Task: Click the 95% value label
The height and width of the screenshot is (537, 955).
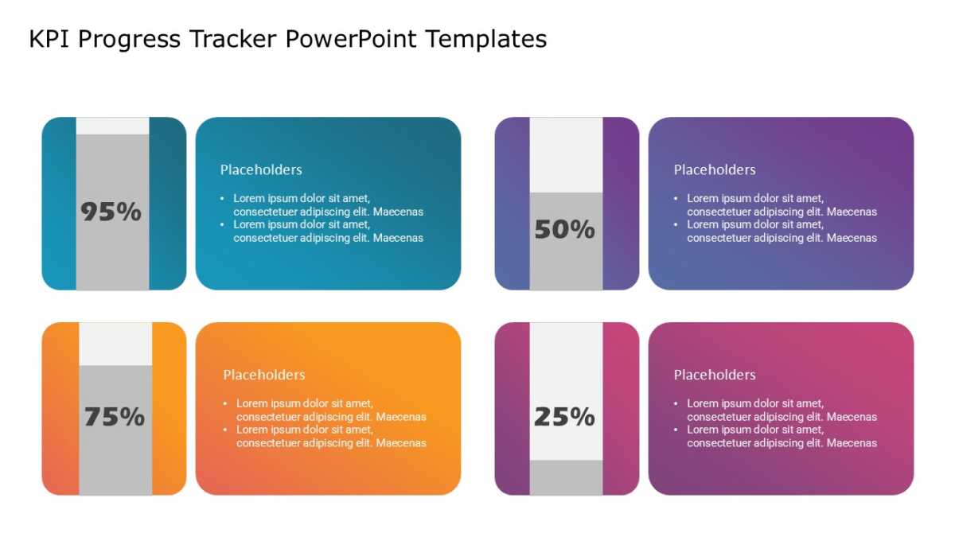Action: [x=111, y=212]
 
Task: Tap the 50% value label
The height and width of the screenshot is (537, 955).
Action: [x=564, y=229]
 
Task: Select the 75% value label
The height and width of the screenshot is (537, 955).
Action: [x=115, y=417]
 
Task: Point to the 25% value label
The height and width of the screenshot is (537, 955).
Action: [x=564, y=417]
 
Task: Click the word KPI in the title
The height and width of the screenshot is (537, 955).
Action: [x=49, y=39]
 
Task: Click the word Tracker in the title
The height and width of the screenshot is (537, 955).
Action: [x=233, y=39]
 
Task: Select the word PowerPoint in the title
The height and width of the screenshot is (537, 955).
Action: [x=351, y=39]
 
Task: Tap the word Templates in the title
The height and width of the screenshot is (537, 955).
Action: [x=486, y=40]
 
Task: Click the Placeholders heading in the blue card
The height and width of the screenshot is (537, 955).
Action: [x=261, y=169]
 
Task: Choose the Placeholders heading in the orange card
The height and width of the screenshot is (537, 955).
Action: [x=264, y=375]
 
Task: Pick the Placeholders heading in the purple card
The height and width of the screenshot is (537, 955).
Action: [x=715, y=169]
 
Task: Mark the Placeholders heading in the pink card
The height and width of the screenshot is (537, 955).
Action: [x=715, y=375]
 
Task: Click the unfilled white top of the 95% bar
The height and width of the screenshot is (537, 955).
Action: [x=112, y=126]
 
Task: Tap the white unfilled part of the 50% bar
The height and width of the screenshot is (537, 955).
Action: [x=566, y=155]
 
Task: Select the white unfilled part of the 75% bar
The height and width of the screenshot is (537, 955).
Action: [x=115, y=344]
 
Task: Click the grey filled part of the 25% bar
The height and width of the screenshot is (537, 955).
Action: [x=566, y=477]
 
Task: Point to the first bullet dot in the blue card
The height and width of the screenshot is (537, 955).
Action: [x=222, y=198]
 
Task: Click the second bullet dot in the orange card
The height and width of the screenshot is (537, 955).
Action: [x=225, y=430]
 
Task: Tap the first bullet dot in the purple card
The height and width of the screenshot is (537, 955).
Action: [x=676, y=198]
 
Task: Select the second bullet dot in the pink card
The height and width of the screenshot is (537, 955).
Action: [x=676, y=430]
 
